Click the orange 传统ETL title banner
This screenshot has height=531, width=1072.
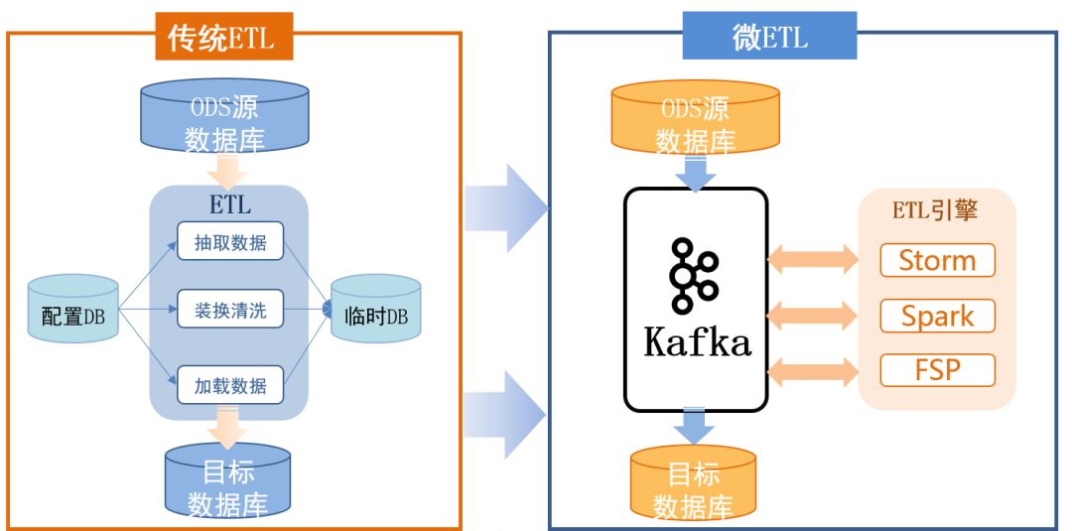pyautogui.click(x=224, y=36)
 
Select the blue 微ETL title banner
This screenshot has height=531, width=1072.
pyautogui.click(x=769, y=36)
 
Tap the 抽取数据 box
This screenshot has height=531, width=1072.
pyautogui.click(x=230, y=241)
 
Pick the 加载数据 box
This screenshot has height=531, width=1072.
pyautogui.click(x=230, y=385)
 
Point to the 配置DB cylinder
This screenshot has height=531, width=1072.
pyautogui.click(x=73, y=309)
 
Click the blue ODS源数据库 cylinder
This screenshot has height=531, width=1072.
pyautogui.click(x=224, y=115)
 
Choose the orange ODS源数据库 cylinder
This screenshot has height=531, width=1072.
pyautogui.click(x=695, y=117)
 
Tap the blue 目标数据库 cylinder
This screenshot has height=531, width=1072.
pyautogui.click(x=227, y=480)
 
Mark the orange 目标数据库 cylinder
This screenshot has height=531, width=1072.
pyautogui.click(x=693, y=483)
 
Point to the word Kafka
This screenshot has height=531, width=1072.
pyautogui.click(x=698, y=342)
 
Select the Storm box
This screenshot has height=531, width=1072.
pyautogui.click(x=937, y=260)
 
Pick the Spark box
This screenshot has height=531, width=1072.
pyautogui.click(x=937, y=316)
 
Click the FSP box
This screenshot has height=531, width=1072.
pyautogui.click(x=937, y=370)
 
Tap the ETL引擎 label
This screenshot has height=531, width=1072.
pyautogui.click(x=935, y=210)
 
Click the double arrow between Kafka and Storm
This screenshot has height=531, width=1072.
pyautogui.click(x=813, y=260)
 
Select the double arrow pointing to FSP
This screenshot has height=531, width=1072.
pyautogui.click(x=813, y=372)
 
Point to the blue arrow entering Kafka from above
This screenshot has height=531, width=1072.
pyautogui.click(x=695, y=174)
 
